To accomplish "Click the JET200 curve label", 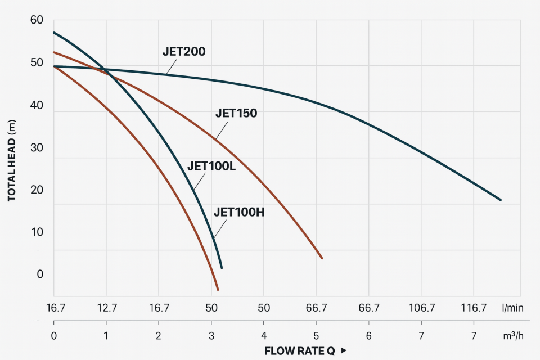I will pos(184,52).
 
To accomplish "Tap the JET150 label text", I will pos(236,113).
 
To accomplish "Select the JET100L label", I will pos(211,167).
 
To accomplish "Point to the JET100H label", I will pos(239,212).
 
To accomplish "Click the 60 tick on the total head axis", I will pos(37,20).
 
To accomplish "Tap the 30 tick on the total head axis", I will pos(37,147).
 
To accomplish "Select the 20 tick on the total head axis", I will pos(37,190).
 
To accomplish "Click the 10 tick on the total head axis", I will pos(37,232).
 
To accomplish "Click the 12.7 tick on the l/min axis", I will pos(106,308).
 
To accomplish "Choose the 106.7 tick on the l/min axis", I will pos(421,308).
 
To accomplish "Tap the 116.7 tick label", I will pos(474,308).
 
